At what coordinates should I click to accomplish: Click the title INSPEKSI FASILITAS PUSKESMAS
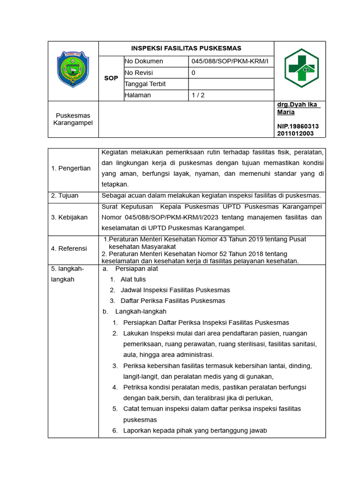[186, 48]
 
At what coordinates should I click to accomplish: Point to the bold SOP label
[111, 78]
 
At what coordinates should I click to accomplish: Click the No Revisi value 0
[194, 73]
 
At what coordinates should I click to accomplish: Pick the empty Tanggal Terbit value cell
[231, 84]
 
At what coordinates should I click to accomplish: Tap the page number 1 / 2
[198, 95]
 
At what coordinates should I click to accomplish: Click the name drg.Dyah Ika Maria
[298, 108]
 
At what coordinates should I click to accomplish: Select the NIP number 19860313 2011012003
[298, 130]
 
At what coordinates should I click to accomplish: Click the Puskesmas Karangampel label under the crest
[73, 119]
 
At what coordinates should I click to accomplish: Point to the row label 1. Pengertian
[71, 168]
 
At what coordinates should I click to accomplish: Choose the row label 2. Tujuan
[65, 195]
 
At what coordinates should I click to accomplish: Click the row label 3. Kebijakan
[69, 217]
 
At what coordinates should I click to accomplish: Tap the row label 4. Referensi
[69, 248]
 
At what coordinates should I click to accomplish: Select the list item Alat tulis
[133, 279]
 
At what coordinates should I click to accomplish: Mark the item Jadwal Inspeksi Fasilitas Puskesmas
[175, 290]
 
